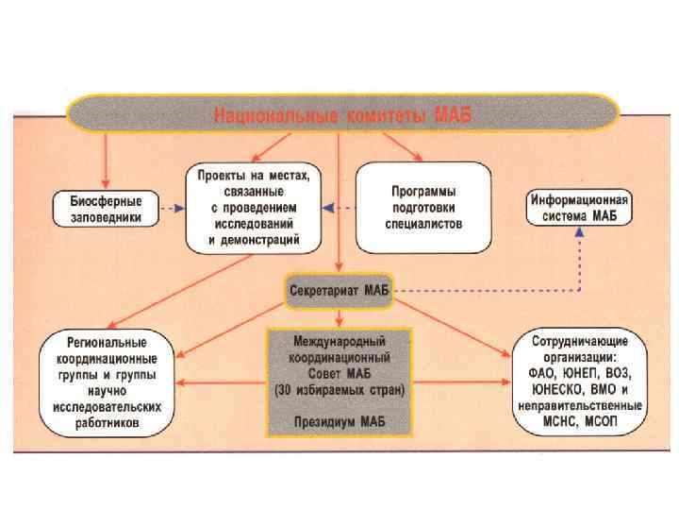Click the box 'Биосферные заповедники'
(x=107, y=208)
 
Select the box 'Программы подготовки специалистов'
(x=424, y=208)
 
